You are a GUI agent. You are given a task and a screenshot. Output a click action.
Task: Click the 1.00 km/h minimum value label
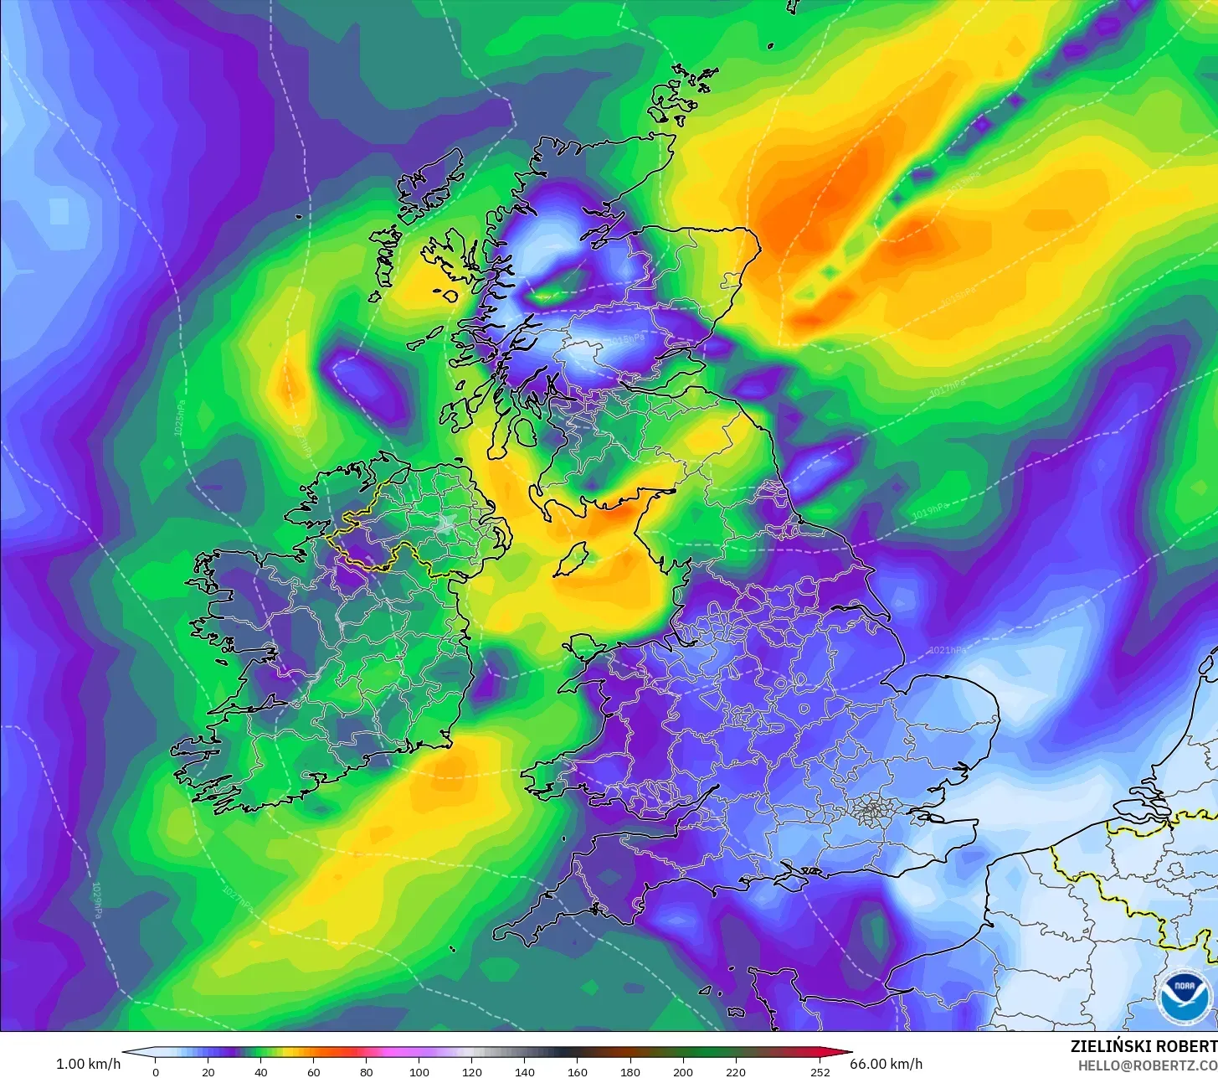tap(88, 1064)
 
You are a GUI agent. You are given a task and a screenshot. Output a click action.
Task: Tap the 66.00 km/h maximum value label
tap(887, 1064)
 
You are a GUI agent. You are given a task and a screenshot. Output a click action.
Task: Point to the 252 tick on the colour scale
tap(820, 1072)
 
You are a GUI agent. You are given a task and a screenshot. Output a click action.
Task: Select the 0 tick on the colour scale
tap(155, 1072)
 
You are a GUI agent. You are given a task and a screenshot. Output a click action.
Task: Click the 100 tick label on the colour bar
tap(419, 1072)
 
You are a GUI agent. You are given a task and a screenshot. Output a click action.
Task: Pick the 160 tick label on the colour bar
tap(578, 1072)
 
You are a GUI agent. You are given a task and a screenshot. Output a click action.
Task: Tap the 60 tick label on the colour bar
tap(314, 1072)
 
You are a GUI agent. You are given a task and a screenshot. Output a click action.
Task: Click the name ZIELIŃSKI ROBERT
tap(1143, 1046)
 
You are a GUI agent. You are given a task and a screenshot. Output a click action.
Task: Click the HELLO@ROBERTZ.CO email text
tap(1148, 1065)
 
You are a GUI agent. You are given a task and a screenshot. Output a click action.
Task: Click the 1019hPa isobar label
tap(930, 511)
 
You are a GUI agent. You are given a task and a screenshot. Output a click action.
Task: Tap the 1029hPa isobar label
tap(97, 900)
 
